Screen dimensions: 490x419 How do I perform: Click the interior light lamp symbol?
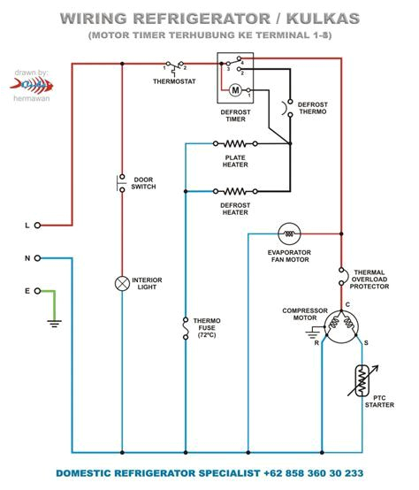(122, 283)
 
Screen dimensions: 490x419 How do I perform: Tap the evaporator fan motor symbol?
(288, 233)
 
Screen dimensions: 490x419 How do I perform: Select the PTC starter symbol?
(362, 380)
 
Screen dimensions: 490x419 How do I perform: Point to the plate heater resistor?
(234, 143)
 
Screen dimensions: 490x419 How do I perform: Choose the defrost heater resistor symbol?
(234, 190)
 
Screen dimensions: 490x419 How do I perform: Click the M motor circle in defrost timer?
(235, 89)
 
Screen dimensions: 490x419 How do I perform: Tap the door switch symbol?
(122, 183)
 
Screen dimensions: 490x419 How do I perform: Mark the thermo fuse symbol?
(185, 330)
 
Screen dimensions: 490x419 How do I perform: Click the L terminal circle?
(37, 226)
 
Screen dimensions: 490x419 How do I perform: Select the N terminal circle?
(37, 258)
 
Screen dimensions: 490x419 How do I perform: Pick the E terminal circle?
(37, 290)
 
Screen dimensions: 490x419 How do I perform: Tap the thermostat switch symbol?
(174, 65)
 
